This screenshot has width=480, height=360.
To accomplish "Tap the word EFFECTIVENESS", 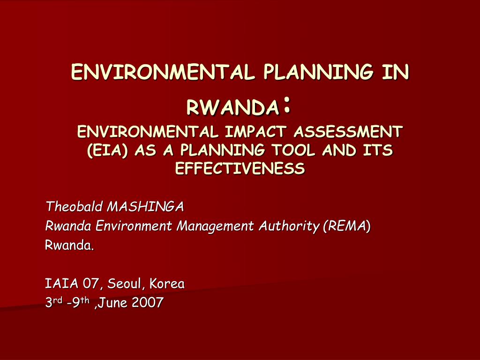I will [240, 168].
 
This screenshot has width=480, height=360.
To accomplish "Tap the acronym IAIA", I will [61, 284].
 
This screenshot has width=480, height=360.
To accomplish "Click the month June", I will [112, 303].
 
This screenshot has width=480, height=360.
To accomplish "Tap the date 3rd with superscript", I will [54, 302].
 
